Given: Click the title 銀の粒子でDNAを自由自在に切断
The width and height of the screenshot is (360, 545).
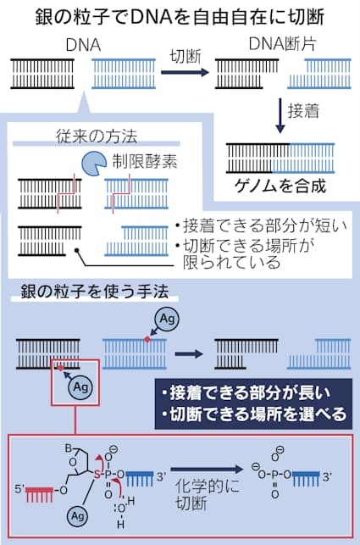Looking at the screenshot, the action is point(180,17).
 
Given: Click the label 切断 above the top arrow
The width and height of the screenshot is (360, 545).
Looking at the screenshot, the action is point(186,56).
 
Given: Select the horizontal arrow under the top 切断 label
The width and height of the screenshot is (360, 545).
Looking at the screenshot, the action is point(185,73).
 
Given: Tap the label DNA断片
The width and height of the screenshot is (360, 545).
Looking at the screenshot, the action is point(283,44).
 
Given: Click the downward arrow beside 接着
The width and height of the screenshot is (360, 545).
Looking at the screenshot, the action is point(280,116).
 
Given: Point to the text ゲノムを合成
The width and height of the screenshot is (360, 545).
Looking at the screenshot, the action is point(280,186).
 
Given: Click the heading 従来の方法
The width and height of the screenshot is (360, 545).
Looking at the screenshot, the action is point(97,136).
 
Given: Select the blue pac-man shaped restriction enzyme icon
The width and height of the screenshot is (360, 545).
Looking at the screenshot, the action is point(94,164).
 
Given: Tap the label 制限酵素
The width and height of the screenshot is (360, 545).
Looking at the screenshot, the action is point(145,161).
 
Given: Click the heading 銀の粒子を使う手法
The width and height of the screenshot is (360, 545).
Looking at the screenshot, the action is point(95,292).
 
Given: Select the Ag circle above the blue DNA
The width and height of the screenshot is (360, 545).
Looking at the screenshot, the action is point(167,319).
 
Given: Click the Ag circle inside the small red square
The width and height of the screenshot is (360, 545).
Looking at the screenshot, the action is point(81,387).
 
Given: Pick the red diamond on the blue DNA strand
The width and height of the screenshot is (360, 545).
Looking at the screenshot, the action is point(147,339).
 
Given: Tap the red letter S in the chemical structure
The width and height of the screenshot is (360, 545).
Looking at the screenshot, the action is point(97,474).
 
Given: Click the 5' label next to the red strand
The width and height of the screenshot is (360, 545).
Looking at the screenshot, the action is point(19,489).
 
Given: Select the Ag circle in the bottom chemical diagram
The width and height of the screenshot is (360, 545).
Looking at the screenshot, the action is point(77,516).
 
